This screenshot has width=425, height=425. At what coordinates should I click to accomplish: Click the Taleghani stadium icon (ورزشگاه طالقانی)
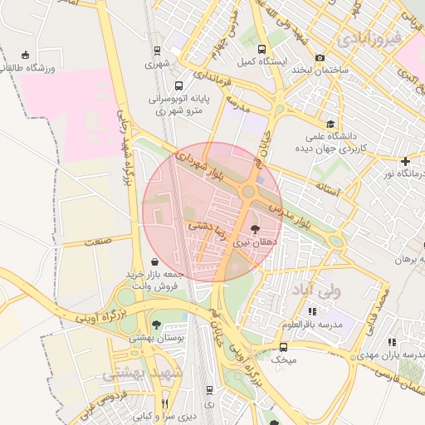point(29,55)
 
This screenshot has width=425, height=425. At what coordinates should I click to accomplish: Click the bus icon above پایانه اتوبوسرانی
point(178,85)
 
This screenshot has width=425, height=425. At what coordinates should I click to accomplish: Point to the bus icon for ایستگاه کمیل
point(263,50)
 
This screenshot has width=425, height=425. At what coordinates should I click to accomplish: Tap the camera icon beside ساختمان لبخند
point(320,57)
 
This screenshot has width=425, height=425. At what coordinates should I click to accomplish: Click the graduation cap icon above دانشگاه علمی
point(330,125)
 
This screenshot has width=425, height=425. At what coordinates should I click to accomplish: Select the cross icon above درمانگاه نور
point(404,161)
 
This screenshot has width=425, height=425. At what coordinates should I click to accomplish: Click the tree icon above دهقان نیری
point(254,227)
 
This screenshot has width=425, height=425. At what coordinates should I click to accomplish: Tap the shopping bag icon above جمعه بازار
point(154,261)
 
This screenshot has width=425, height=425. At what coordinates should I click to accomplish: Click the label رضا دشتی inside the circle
point(204,223)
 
